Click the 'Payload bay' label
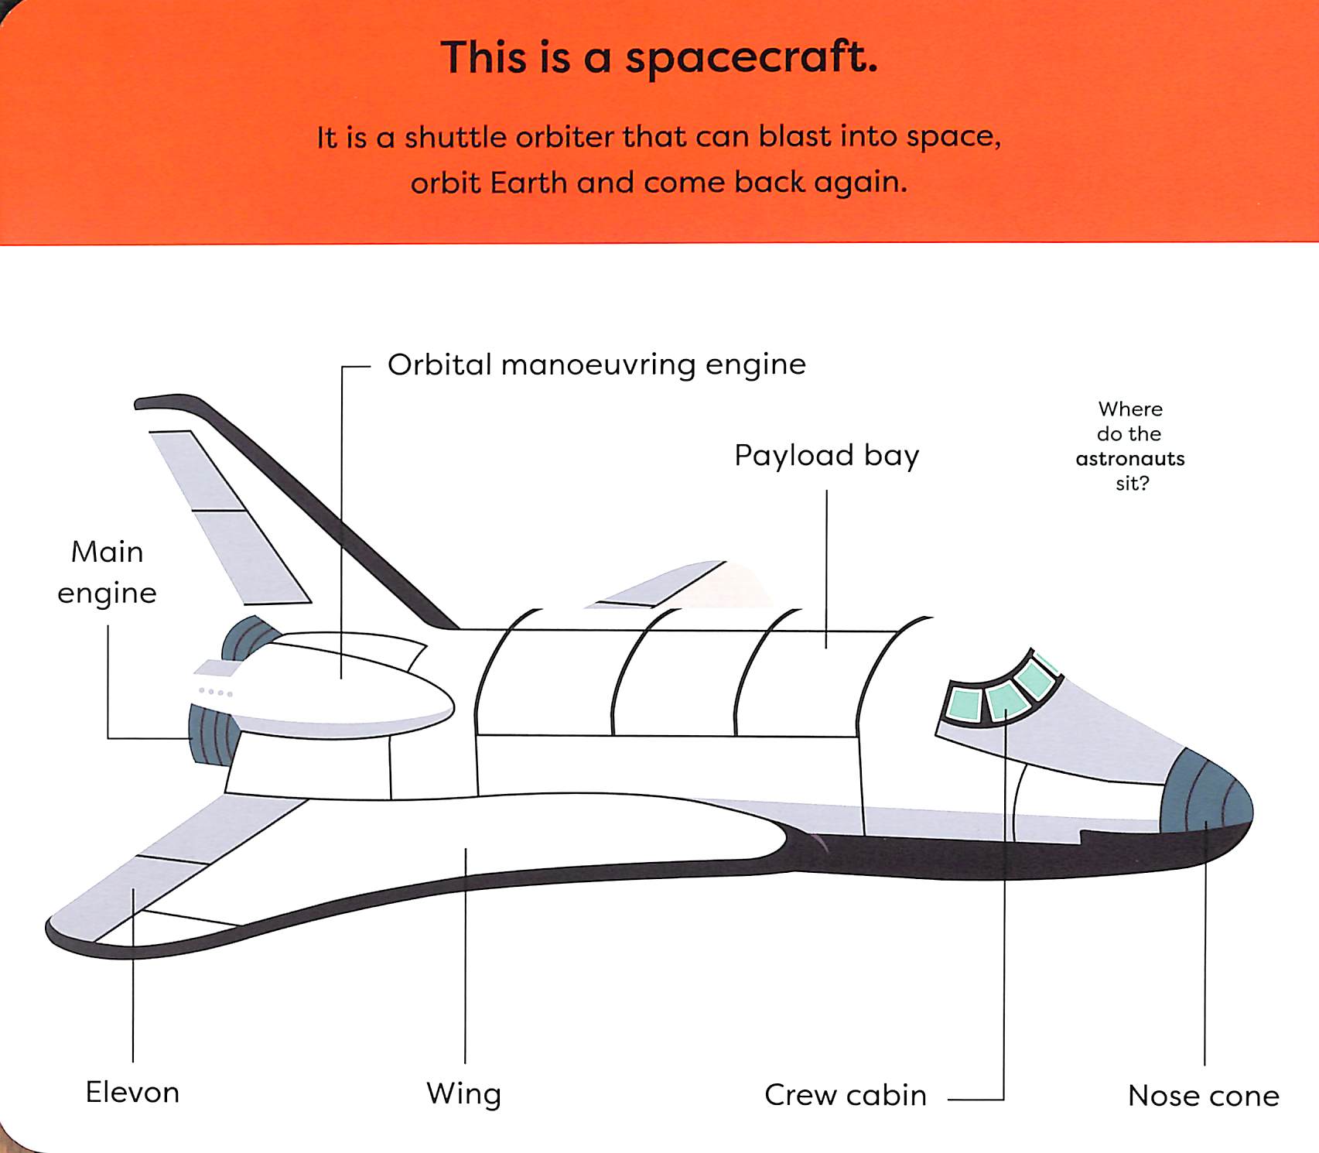[826, 456]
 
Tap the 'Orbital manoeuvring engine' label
[596, 364]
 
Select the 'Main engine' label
[107, 572]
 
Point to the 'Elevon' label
[132, 1092]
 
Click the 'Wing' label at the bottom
[463, 1093]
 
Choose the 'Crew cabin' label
[845, 1095]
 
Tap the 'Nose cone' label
[1203, 1095]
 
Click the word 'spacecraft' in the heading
[750, 59]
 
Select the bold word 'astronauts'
[1129, 459]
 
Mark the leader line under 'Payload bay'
[826, 569]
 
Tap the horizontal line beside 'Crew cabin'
[975, 1099]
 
